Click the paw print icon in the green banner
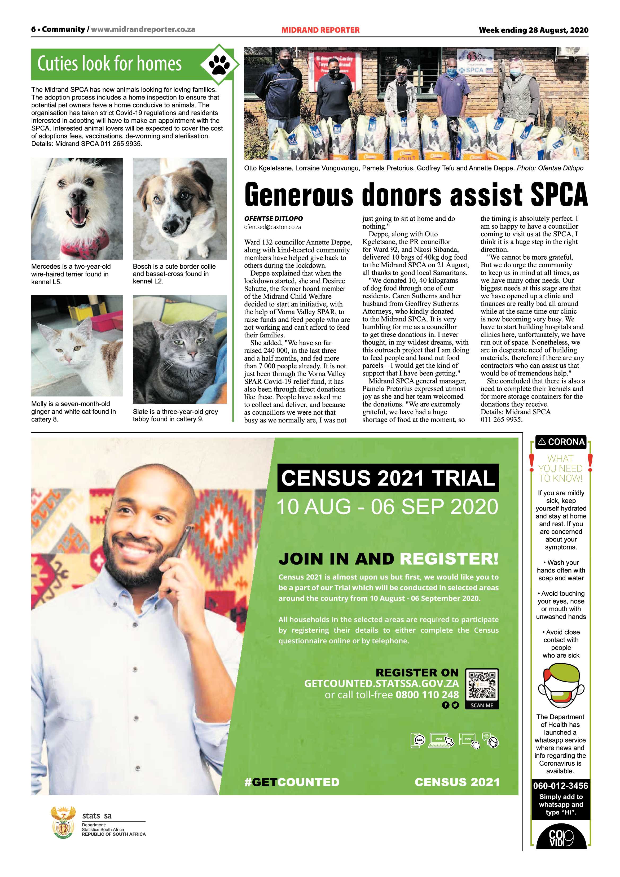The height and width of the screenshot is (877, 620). point(219,64)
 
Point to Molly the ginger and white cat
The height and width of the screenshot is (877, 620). point(77,346)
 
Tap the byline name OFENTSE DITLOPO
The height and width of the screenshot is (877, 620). point(273,219)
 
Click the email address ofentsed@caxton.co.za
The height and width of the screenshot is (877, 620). point(272,227)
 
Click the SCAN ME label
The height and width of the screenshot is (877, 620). point(482,705)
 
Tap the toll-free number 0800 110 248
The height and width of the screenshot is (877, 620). point(427,695)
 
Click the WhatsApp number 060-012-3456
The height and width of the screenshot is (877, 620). point(560,786)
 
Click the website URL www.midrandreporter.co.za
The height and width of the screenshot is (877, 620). point(143,29)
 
